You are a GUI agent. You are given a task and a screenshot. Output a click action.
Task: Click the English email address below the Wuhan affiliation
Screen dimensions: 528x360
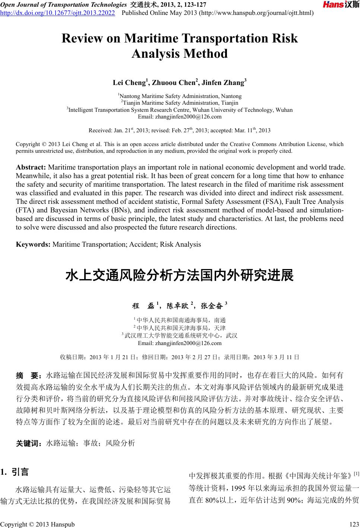[x=180, y=117]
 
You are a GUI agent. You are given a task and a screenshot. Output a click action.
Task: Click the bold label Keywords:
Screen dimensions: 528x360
[x=33, y=244]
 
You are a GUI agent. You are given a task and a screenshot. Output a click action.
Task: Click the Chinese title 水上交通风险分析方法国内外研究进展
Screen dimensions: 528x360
[x=180, y=276]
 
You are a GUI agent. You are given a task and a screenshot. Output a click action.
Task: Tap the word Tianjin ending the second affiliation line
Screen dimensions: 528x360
[x=230, y=103]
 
